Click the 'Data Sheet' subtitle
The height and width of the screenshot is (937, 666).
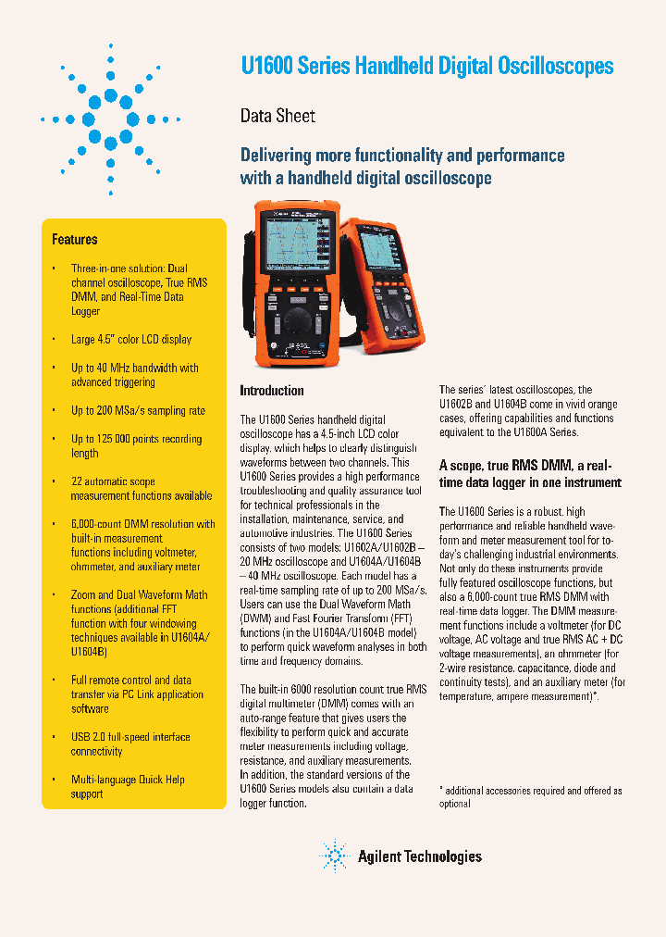pos(277,116)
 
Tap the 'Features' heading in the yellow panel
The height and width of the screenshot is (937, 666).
pos(75,240)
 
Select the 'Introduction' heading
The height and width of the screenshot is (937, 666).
pos(272,391)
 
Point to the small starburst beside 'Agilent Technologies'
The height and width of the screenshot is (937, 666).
pos(334,856)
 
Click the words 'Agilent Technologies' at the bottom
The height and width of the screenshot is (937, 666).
pos(419,857)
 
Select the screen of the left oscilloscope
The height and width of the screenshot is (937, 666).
pos(295,248)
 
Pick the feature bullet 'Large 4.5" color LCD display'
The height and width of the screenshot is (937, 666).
pos(131,340)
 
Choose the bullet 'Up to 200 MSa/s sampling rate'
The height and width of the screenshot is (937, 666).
pos(138,411)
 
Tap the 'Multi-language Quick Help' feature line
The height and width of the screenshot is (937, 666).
pos(128,780)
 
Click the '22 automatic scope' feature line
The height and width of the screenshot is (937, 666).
pos(113,482)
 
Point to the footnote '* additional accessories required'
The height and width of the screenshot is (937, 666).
pos(530,792)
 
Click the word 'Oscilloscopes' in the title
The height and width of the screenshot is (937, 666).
pos(558,67)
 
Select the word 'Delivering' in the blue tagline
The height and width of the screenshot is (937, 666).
pos(276,156)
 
